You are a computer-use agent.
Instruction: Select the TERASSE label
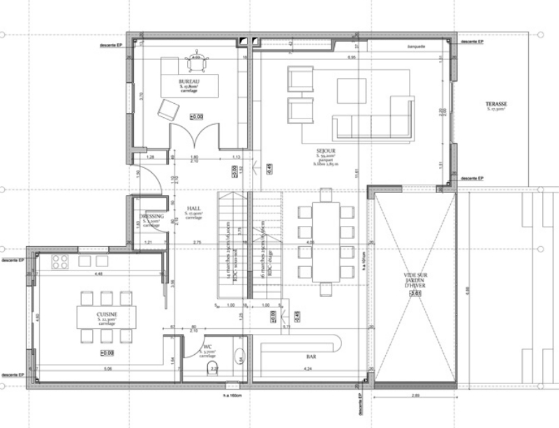pyautogui.click(x=496, y=104)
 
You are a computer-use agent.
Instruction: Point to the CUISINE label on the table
pyautogui.click(x=107, y=314)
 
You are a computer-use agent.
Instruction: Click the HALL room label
pyautogui.click(x=194, y=208)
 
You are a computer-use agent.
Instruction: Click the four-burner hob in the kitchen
pyautogui.click(x=60, y=261)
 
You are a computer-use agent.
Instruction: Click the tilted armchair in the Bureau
pyautogui.click(x=169, y=109)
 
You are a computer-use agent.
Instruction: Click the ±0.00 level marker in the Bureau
pyautogui.click(x=197, y=116)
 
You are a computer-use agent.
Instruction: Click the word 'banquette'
pyautogui.click(x=417, y=47)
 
